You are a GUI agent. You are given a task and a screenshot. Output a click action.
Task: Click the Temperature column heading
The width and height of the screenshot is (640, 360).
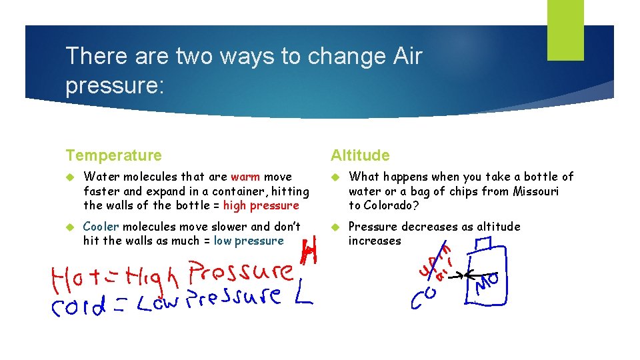(113, 155)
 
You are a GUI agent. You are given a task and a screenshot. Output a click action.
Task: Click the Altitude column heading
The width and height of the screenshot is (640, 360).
(360, 155)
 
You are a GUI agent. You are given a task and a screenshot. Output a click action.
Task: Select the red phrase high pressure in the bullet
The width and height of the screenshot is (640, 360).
(261, 205)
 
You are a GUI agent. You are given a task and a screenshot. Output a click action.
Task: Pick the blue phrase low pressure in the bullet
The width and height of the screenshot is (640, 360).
(249, 241)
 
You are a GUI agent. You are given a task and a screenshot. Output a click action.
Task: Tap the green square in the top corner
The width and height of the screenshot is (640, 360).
(565, 30)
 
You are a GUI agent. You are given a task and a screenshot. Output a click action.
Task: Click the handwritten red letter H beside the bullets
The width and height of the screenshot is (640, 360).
(309, 251)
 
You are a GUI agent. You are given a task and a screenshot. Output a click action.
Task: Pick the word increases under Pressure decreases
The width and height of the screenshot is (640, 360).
(375, 241)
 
